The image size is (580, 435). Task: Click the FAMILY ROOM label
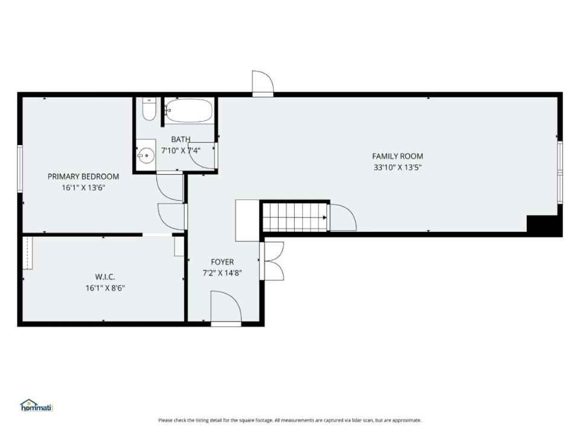pos(398,156)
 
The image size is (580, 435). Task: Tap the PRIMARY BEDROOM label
pos(83,176)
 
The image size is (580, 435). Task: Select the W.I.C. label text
pos(105,277)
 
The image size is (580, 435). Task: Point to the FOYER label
pos(222,262)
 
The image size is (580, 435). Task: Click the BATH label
pos(181,140)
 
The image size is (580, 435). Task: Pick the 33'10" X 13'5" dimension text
pos(398,167)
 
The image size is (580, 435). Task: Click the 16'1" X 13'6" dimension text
pos(83,187)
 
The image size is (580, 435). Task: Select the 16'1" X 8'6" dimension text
pos(105,288)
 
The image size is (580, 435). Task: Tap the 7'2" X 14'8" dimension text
pos(222,273)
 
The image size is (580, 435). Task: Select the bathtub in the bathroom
pos(188,110)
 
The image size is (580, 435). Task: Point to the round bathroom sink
pos(146,155)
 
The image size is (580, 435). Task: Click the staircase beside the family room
pos(295,217)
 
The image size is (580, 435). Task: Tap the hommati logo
pos(37,405)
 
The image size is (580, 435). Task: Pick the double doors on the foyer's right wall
pos(272,261)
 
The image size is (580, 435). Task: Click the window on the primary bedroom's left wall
pos(20,169)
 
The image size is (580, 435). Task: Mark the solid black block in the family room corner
pos(544,225)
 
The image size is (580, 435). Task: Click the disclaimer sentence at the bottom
pos(289,420)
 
